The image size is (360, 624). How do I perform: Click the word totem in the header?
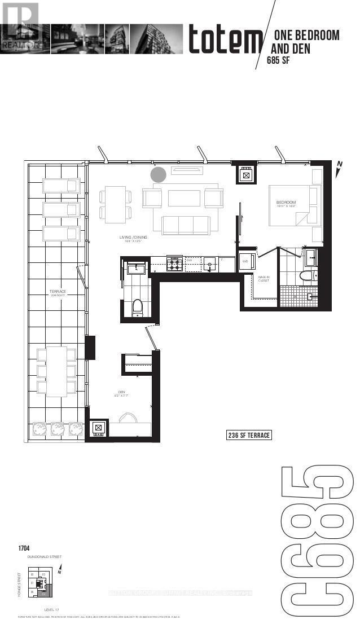point(225,41)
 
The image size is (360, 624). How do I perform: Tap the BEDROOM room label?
point(286,202)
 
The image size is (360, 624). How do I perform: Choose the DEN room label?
point(121,396)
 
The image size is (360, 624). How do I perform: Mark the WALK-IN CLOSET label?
point(264,279)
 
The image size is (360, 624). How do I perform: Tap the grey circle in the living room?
point(159,175)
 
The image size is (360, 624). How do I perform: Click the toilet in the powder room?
point(136,307)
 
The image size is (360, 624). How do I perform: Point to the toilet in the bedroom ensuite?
point(305,277)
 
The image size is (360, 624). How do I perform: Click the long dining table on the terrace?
point(56,371)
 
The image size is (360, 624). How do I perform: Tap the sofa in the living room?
point(186,225)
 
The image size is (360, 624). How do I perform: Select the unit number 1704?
point(24,548)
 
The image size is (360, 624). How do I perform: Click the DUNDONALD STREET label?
point(45,557)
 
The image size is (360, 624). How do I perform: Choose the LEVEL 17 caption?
point(52,610)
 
